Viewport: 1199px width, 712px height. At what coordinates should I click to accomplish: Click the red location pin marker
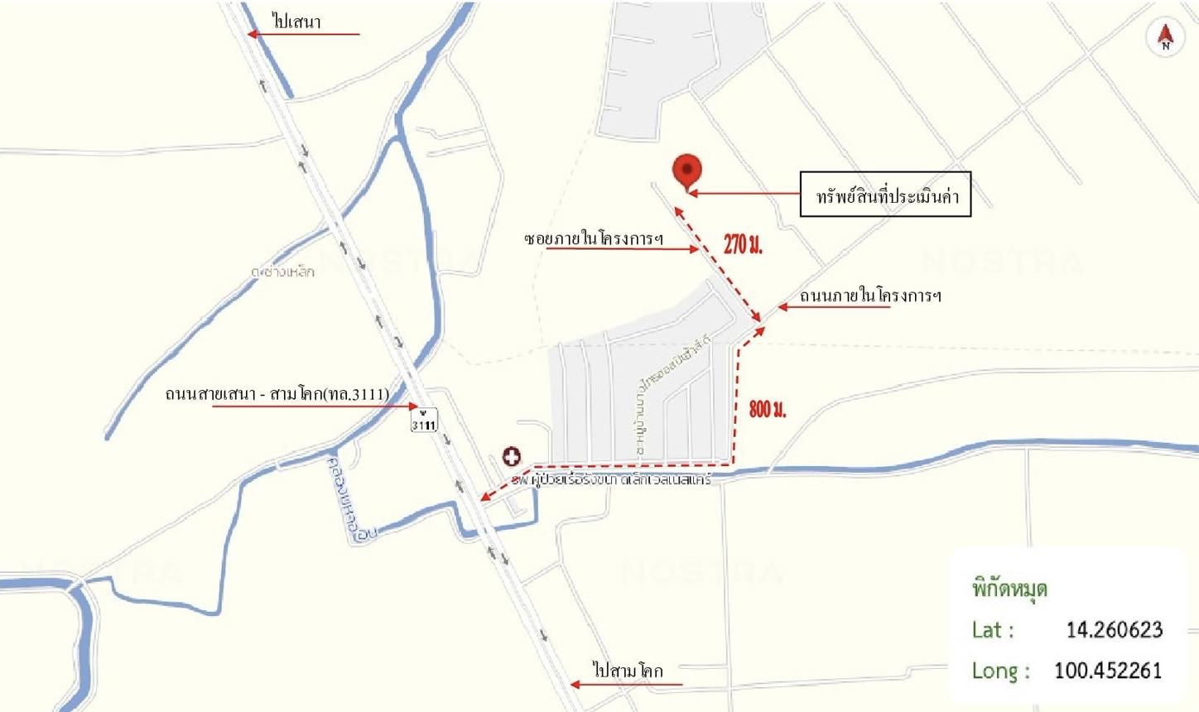(687, 170)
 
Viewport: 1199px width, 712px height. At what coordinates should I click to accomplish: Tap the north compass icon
(1165, 37)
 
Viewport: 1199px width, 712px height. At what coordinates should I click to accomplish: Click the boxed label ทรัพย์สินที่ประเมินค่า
(885, 195)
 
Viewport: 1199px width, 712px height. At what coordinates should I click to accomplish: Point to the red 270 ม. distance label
(743, 243)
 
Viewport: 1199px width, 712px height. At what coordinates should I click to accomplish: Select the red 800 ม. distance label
(768, 408)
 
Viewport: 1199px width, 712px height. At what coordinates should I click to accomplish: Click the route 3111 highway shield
(423, 421)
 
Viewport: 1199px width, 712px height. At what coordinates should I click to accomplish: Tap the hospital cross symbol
(511, 456)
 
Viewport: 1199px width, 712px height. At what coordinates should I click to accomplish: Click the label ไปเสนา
(296, 22)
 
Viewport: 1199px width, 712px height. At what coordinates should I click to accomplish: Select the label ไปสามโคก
(628, 670)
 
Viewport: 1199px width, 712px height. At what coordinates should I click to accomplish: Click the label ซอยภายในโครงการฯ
(595, 238)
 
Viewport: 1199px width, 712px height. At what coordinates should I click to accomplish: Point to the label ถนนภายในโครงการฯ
(870, 296)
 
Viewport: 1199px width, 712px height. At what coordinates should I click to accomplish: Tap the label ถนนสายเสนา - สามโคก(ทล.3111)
(277, 393)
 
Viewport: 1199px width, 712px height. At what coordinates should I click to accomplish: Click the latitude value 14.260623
(1114, 630)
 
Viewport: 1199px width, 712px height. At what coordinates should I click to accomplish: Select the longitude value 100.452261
(1108, 670)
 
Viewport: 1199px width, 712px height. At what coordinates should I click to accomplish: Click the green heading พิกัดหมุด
(1009, 589)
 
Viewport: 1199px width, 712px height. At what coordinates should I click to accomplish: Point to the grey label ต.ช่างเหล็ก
(283, 271)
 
